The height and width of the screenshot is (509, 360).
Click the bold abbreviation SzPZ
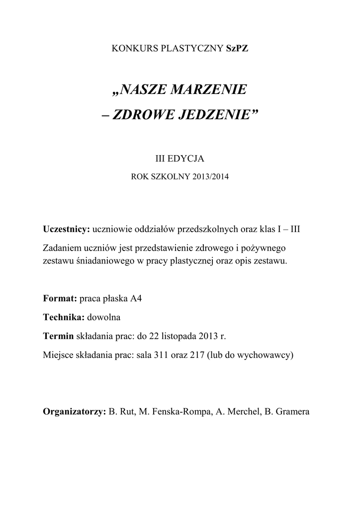coord(236,49)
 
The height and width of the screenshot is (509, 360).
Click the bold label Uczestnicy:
coord(66,231)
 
